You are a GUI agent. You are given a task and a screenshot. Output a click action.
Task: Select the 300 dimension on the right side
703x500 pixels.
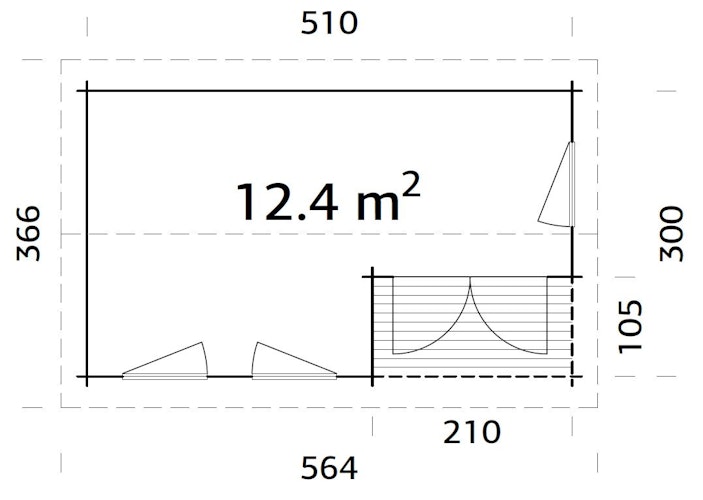[674, 233]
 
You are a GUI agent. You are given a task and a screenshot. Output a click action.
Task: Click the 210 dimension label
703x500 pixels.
[470, 432]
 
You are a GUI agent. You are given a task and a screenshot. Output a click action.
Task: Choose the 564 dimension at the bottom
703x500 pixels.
[329, 467]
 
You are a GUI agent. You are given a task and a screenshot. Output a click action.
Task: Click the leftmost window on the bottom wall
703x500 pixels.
[166, 363]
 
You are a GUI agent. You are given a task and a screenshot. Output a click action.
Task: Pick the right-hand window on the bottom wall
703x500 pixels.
[294, 363]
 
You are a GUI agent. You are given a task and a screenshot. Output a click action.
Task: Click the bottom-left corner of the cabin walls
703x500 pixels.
[87, 377]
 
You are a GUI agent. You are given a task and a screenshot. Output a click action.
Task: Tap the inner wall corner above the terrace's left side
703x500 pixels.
[373, 275]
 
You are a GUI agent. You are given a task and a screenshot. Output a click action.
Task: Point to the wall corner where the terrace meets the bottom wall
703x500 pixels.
[373, 377]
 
